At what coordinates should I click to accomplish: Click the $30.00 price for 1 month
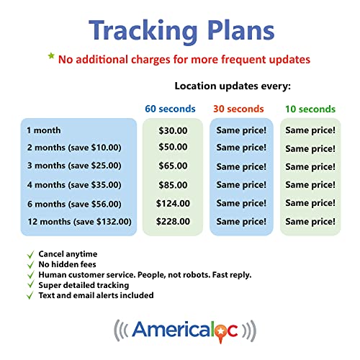coord(172,130)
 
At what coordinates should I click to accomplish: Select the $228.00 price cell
coord(172,222)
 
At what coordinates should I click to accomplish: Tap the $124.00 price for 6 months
coord(172,204)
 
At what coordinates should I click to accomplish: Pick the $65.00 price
coord(172,166)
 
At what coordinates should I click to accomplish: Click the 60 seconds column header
coord(170,109)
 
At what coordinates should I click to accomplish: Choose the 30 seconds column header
coord(239,109)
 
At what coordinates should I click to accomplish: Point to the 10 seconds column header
coord(309,109)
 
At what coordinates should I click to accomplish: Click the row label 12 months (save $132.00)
coord(79,222)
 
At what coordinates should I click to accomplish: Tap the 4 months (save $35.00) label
coord(73,185)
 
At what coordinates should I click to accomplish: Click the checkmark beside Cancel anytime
coord(30,255)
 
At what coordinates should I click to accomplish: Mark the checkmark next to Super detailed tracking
coord(30,285)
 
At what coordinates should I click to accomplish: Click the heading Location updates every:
coord(232,86)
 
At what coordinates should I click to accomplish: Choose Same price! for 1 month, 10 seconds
coord(310,130)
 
